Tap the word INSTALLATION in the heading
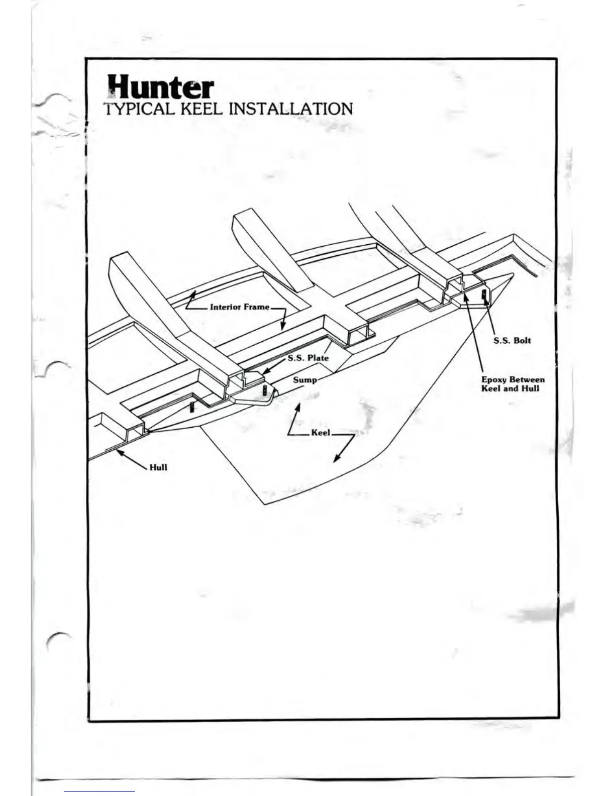tap(290, 109)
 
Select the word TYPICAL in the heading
tap(139, 109)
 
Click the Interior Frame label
tap(240, 307)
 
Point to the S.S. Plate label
tap(308, 358)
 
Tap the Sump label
tap(305, 379)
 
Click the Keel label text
tap(321, 432)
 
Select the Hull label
tap(158, 467)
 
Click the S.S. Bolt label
tap(512, 340)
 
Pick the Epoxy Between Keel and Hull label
tap(512, 384)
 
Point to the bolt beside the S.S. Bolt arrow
tap(484, 294)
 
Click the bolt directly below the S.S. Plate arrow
tap(265, 390)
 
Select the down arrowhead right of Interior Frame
tap(283, 327)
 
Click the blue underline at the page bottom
tap(99, 791)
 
